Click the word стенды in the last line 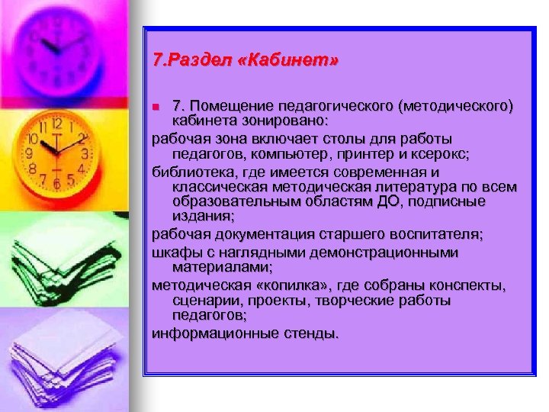[x=307, y=333]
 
